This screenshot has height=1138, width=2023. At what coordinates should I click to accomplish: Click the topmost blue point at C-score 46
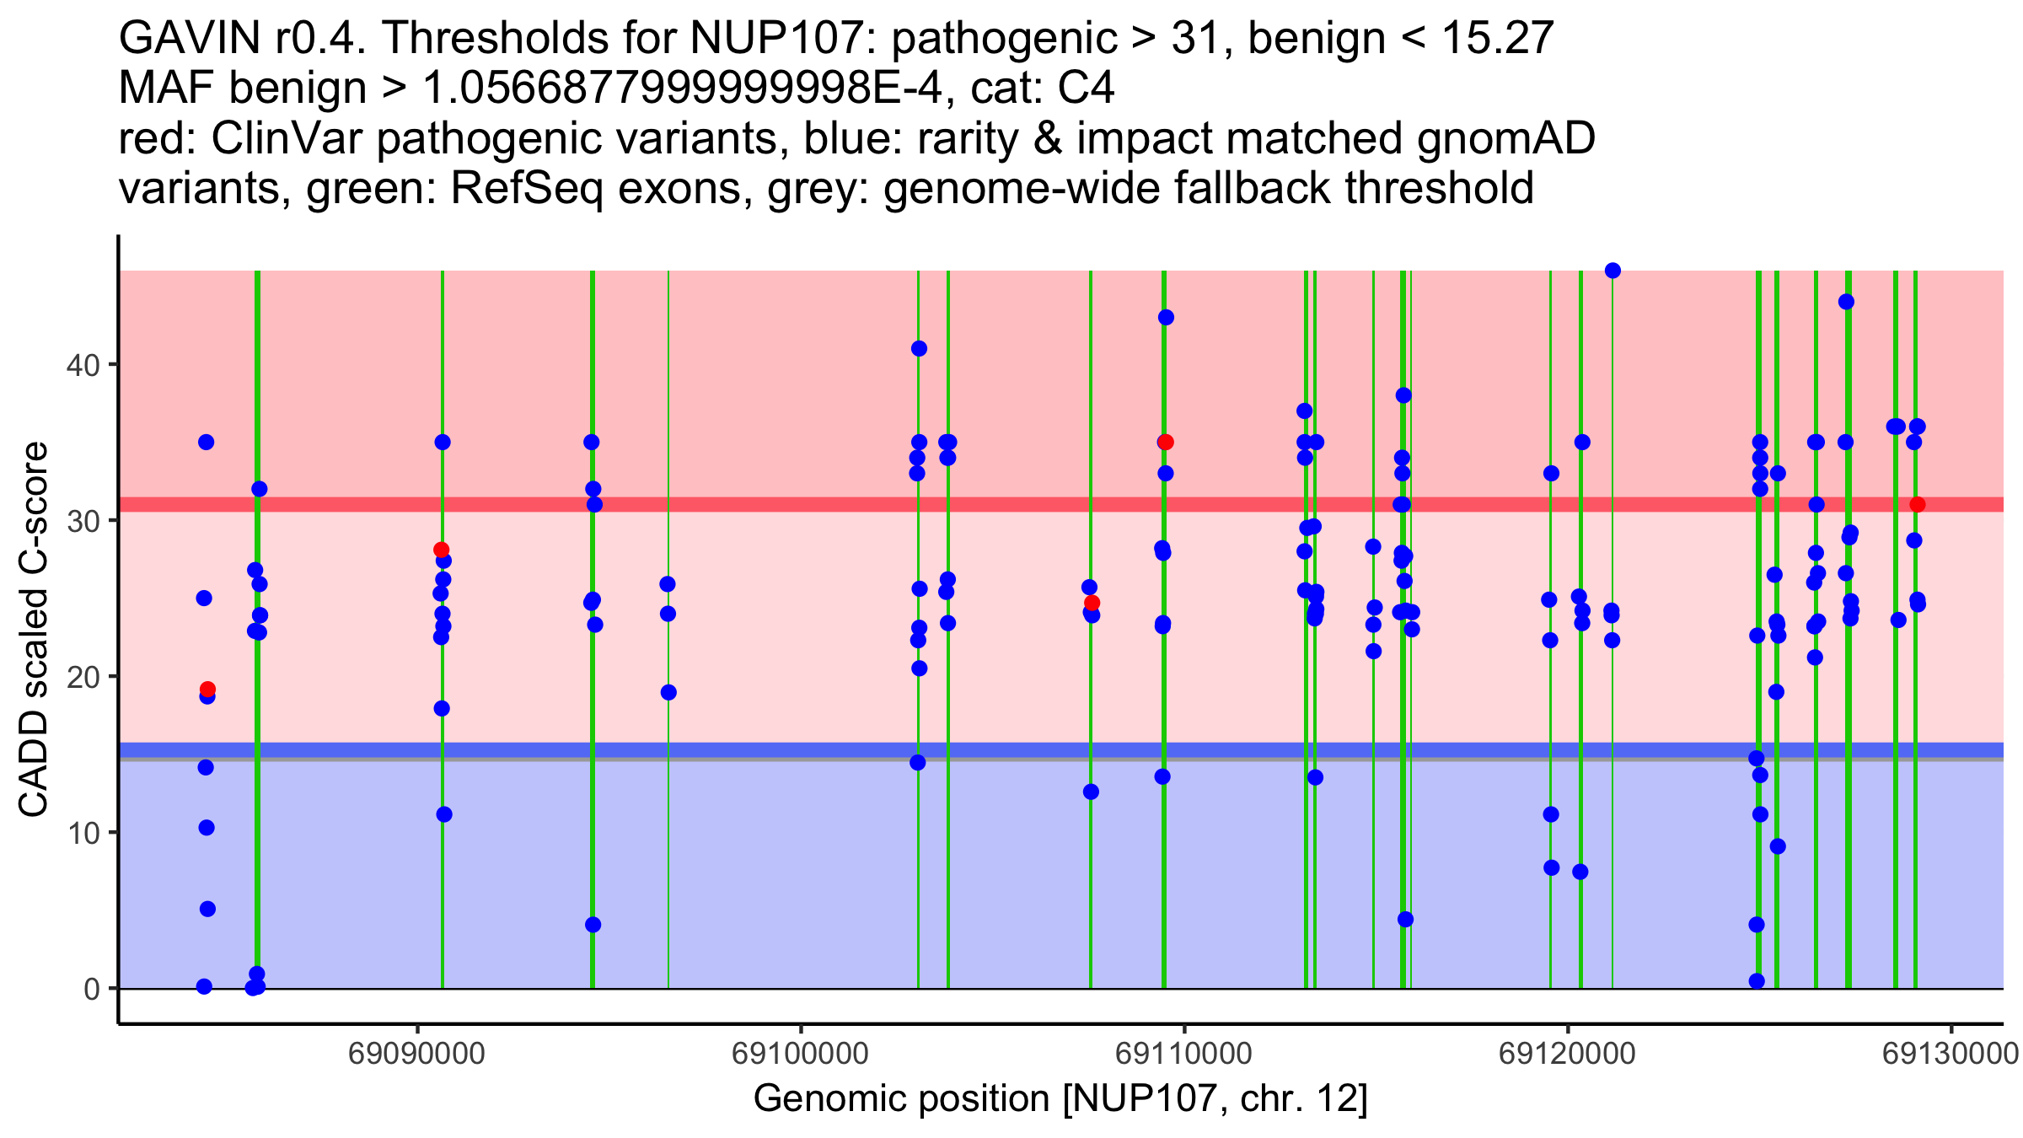(1612, 271)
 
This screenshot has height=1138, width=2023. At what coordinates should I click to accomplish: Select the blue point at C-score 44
(1846, 302)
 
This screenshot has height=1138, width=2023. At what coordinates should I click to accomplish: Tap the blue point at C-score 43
(1166, 318)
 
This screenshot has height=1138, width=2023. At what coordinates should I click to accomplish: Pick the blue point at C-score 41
(919, 349)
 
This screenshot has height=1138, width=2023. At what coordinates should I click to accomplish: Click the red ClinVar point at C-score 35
(1166, 443)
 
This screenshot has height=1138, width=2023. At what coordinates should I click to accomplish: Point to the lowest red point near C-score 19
(207, 690)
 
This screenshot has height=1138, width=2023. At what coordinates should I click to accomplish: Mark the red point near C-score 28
(441, 550)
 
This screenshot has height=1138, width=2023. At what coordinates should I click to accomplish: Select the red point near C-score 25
(1092, 603)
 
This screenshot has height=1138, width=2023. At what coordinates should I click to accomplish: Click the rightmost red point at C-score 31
(1918, 505)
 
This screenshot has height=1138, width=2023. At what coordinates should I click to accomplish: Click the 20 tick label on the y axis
(82, 677)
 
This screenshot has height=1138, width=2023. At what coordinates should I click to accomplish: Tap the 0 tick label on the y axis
(91, 989)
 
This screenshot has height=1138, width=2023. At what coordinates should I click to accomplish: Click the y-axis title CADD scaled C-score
(34, 630)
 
